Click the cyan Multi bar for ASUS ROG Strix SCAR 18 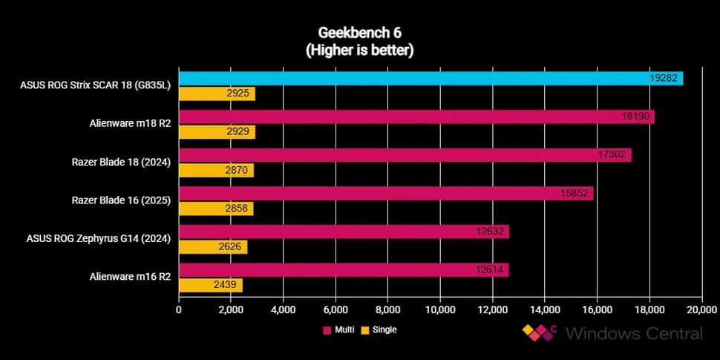431,78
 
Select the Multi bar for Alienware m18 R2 416,117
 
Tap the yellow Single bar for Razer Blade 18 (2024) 216,170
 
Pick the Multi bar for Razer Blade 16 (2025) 385,193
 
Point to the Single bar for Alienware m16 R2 210,285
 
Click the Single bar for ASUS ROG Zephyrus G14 212,246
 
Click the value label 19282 664,78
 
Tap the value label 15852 576,193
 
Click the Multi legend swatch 327,330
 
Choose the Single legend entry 379,330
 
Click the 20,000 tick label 702,310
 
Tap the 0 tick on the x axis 179,310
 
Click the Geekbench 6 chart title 359,33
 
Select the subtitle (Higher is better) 359,50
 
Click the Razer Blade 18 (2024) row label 121,163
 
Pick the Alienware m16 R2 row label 131,277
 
